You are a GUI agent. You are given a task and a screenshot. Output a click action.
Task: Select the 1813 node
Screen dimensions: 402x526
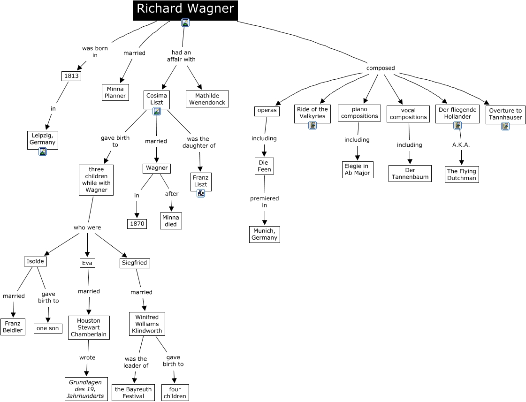coord(71,76)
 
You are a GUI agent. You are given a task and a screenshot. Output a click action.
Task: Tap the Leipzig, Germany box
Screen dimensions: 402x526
coord(42,139)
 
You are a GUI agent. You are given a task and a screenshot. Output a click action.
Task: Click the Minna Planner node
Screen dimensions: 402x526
coord(115,92)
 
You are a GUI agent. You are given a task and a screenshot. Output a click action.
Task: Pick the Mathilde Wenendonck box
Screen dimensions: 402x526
coord(207,99)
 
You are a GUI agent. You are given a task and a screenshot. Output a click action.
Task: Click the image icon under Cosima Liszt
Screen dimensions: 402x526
coord(157,111)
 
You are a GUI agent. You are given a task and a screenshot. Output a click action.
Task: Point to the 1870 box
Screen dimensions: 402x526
coord(137,224)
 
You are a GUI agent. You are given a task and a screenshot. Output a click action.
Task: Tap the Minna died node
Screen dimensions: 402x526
coord(171,220)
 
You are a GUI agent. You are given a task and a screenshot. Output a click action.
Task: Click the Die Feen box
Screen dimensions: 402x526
coord(264,166)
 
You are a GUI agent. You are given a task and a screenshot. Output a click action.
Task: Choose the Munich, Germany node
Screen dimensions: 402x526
coord(264,234)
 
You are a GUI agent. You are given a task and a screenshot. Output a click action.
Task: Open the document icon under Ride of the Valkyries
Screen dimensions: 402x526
coord(313,125)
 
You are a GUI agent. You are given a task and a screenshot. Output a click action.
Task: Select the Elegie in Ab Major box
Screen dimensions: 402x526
coord(357,169)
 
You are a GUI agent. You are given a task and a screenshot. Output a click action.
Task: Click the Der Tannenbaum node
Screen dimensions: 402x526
coord(410,174)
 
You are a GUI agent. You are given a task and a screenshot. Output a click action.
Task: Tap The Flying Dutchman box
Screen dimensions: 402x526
coord(462,174)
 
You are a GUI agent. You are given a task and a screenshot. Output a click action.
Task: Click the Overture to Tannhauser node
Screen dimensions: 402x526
coord(505,114)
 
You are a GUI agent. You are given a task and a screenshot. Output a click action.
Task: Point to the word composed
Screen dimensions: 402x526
coord(381,68)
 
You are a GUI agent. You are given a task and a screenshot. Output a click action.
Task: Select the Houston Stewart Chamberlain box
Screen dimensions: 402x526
coord(89,327)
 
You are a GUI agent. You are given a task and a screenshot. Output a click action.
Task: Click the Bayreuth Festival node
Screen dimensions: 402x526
coord(133,393)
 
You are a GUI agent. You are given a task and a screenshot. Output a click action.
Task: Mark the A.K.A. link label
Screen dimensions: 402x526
coord(461,144)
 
